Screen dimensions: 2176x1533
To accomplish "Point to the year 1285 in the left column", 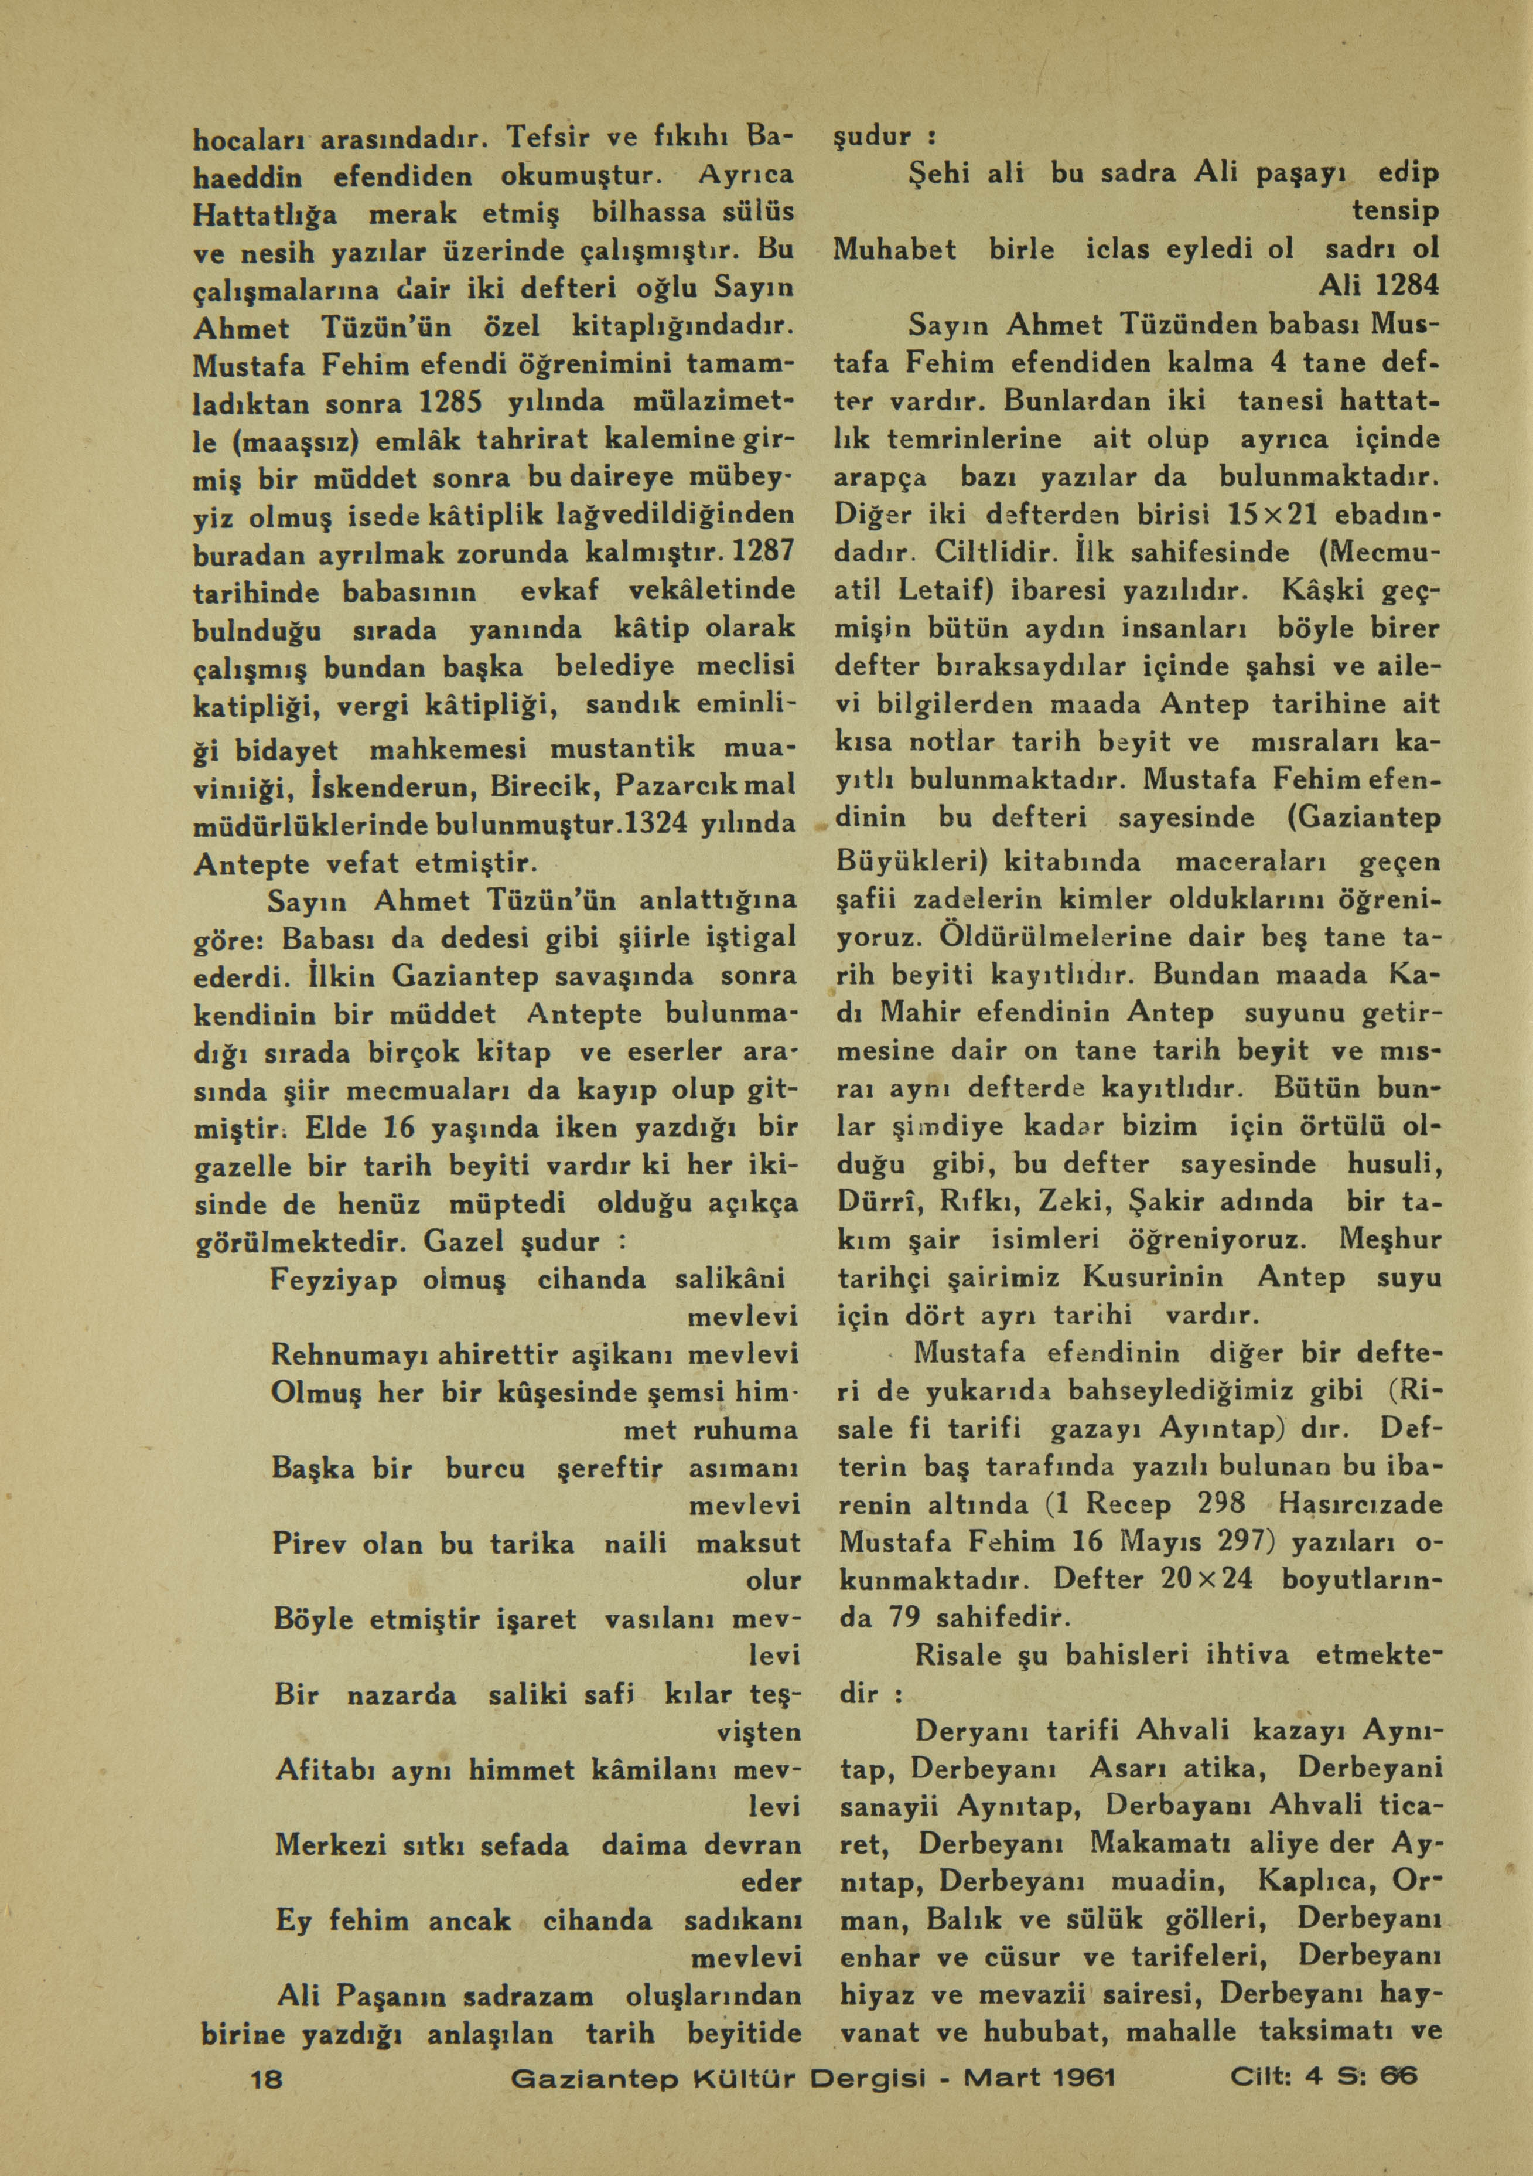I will (x=452, y=402).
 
